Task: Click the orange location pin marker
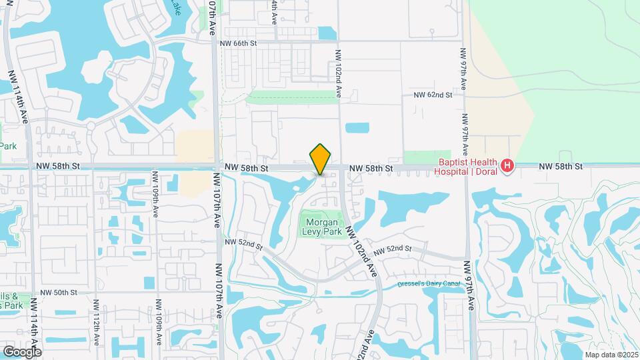[320, 159]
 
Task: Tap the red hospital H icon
[507, 165]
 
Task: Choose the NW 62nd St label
[433, 95]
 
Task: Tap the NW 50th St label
[59, 293]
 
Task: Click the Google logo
[22, 351]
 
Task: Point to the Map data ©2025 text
[610, 355]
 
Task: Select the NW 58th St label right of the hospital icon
[561, 165]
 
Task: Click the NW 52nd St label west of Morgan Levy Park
[243, 243]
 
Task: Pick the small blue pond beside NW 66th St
[327, 33]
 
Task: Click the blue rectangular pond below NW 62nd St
[357, 127]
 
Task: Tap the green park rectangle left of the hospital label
[418, 157]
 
